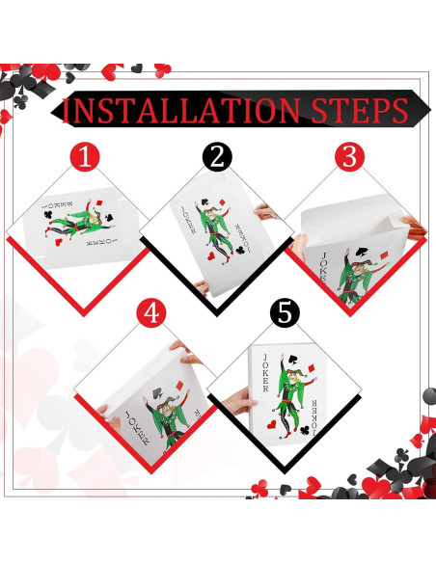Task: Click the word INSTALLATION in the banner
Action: click(181, 109)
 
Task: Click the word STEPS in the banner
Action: click(360, 109)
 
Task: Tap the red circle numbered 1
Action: click(85, 157)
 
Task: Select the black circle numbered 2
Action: click(217, 157)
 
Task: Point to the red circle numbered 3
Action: click(349, 157)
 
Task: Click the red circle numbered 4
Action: click(151, 313)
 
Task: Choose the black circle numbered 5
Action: click(285, 313)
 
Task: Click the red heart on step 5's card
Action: click(272, 425)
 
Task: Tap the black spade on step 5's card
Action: click(292, 359)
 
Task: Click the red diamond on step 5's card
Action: click(313, 368)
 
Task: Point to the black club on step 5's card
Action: click(305, 430)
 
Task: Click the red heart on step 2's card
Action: click(211, 255)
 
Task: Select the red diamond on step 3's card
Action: click(384, 255)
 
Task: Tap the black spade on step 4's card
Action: click(157, 392)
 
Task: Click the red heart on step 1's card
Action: click(58, 242)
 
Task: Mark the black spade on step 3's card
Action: click(361, 252)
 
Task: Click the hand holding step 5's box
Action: click(238, 401)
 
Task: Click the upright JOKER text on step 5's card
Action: click(265, 373)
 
